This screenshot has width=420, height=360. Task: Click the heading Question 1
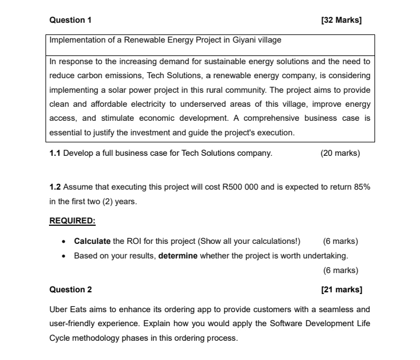pos(71,20)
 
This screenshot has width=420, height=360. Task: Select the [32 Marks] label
pos(341,20)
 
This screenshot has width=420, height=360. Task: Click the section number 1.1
pos(55,153)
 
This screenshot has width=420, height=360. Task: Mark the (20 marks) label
pos(340,153)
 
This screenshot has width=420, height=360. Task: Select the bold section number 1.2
pos(55,187)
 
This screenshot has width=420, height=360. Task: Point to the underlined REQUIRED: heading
pos(72,221)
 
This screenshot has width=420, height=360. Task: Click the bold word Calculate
pos(92,241)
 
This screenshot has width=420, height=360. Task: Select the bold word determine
pos(178,256)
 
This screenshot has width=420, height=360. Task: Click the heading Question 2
pos(71,289)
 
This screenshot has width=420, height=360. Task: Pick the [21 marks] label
pos(341,289)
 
